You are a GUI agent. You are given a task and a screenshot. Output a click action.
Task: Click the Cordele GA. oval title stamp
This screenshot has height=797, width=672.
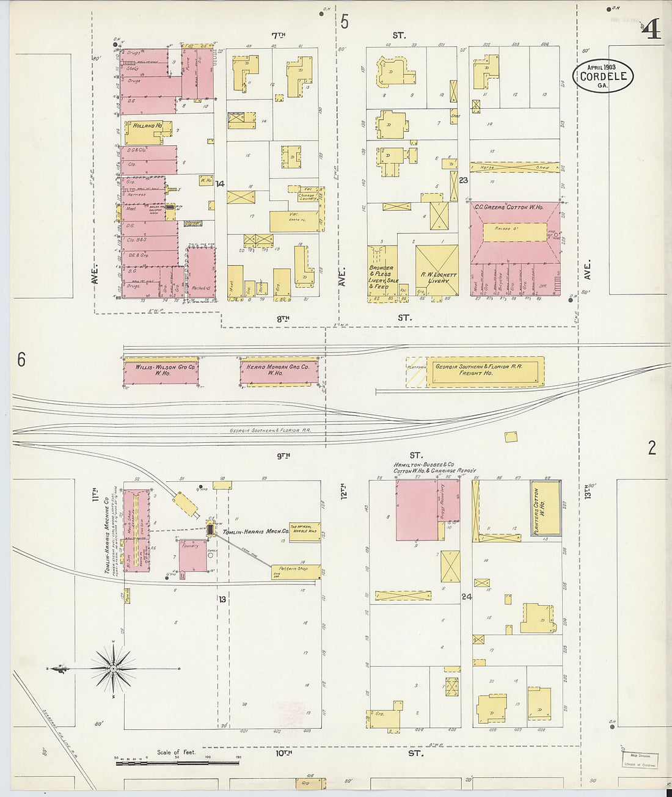pyautogui.click(x=602, y=76)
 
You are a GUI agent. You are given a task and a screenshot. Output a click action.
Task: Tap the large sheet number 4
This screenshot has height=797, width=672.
pyautogui.click(x=652, y=29)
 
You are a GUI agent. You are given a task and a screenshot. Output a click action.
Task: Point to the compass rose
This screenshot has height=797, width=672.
pyautogui.click(x=113, y=669)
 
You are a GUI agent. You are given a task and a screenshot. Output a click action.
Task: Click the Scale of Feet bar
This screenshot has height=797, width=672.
pyautogui.click(x=177, y=761)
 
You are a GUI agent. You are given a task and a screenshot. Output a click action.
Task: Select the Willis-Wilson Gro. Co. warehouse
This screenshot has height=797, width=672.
pyautogui.click(x=161, y=370)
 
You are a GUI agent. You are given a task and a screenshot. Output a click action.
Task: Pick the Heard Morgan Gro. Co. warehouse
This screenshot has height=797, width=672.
pyautogui.click(x=279, y=370)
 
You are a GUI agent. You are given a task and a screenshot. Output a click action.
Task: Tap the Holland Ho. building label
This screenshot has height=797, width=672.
pyautogui.click(x=144, y=126)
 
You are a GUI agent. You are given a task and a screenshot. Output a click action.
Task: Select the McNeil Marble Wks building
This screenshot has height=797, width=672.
pyautogui.click(x=304, y=530)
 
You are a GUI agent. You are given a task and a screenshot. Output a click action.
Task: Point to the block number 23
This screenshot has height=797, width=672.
pyautogui.click(x=464, y=180)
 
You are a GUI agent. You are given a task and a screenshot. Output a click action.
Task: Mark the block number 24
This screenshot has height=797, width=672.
pyautogui.click(x=467, y=597)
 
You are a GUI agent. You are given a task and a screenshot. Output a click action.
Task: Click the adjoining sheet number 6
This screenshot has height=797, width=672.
pyautogui.click(x=21, y=360)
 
